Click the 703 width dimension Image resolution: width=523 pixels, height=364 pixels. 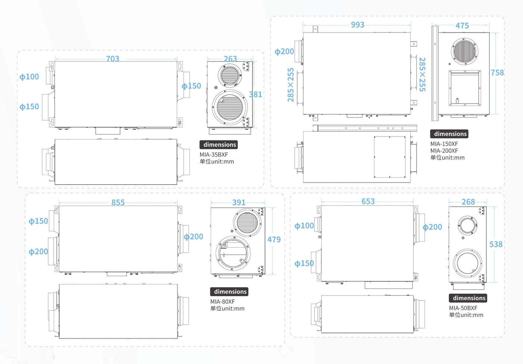112,58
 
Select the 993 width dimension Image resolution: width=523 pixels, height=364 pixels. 358,25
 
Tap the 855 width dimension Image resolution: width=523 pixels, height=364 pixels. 118,202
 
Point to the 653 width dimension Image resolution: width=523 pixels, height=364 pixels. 368,201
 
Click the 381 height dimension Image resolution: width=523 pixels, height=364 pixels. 256,94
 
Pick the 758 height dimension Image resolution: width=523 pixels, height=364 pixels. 497,73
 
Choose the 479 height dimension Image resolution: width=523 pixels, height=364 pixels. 274,239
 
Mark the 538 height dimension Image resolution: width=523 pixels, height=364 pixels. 496,244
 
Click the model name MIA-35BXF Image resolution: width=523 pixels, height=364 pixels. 214,155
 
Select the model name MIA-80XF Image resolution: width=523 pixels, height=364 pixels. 223,302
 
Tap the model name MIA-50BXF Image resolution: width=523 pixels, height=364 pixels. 463,308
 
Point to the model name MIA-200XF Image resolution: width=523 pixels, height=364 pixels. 444,150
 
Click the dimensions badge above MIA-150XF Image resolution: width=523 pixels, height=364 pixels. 449,134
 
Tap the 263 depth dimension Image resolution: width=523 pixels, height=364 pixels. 230,58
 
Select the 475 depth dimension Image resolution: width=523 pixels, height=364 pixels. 462,25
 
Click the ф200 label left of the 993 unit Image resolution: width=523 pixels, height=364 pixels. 284,51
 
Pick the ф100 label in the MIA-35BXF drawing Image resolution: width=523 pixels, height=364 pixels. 29,77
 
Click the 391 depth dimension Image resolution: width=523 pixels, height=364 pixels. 239,202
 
